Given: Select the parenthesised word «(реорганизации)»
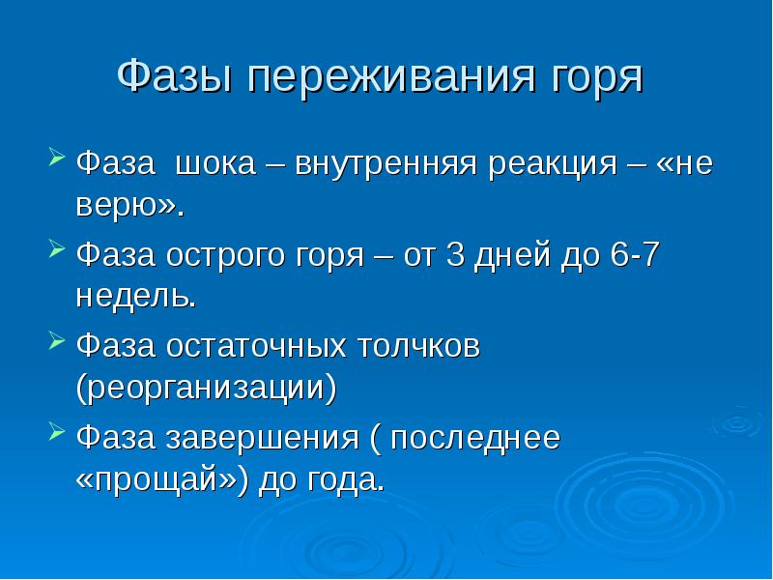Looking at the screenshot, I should tap(207, 390).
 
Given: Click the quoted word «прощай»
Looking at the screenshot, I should tap(164, 480).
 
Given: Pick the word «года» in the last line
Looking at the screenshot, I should tap(341, 480).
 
